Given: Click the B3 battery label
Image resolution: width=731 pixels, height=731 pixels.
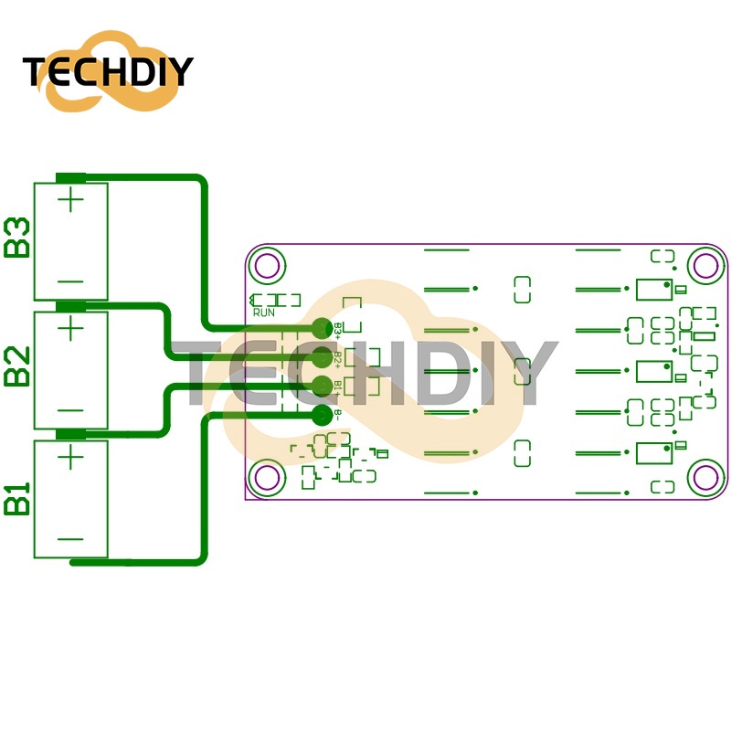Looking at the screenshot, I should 17,238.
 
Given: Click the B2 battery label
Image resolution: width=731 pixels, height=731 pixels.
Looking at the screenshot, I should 17,365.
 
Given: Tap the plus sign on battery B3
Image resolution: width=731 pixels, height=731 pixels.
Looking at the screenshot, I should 71,198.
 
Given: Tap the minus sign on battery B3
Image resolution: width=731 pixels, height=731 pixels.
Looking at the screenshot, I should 70,281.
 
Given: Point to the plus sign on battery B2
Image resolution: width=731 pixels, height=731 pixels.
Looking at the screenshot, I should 71,326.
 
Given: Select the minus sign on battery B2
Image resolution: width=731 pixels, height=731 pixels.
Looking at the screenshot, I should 70,410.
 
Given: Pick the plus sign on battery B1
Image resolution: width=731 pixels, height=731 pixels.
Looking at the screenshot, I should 71,456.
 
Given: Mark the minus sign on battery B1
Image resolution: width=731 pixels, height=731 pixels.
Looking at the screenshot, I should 70,539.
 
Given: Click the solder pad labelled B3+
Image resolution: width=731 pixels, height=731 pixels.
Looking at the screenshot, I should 322,328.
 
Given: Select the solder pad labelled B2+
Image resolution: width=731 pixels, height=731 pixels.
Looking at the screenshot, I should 322,356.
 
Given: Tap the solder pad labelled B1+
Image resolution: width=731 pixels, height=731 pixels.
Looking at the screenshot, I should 322,385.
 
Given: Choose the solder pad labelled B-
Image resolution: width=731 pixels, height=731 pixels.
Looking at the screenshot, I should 322,414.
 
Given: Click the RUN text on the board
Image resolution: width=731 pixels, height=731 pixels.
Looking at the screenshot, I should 264,313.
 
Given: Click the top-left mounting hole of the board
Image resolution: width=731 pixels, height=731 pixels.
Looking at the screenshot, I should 268,265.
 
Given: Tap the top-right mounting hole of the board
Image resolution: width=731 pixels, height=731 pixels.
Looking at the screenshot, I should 705,265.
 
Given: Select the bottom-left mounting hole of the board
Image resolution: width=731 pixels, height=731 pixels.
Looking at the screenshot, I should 268,477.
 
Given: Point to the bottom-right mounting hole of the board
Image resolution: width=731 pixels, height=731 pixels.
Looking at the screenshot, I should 705,477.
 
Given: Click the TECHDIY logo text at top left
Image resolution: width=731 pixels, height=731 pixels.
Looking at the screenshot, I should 108,71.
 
